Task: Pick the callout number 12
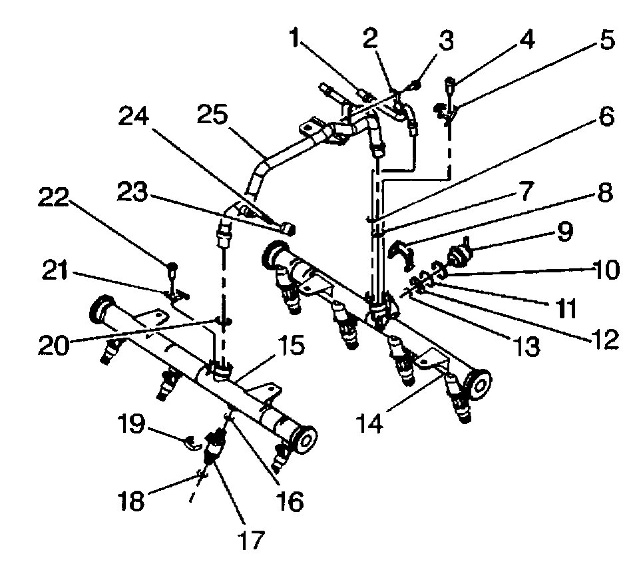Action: click(604, 339)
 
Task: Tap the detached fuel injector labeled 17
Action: click(214, 445)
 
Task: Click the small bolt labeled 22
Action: click(172, 268)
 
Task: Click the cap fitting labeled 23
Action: click(288, 230)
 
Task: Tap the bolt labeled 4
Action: click(451, 84)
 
